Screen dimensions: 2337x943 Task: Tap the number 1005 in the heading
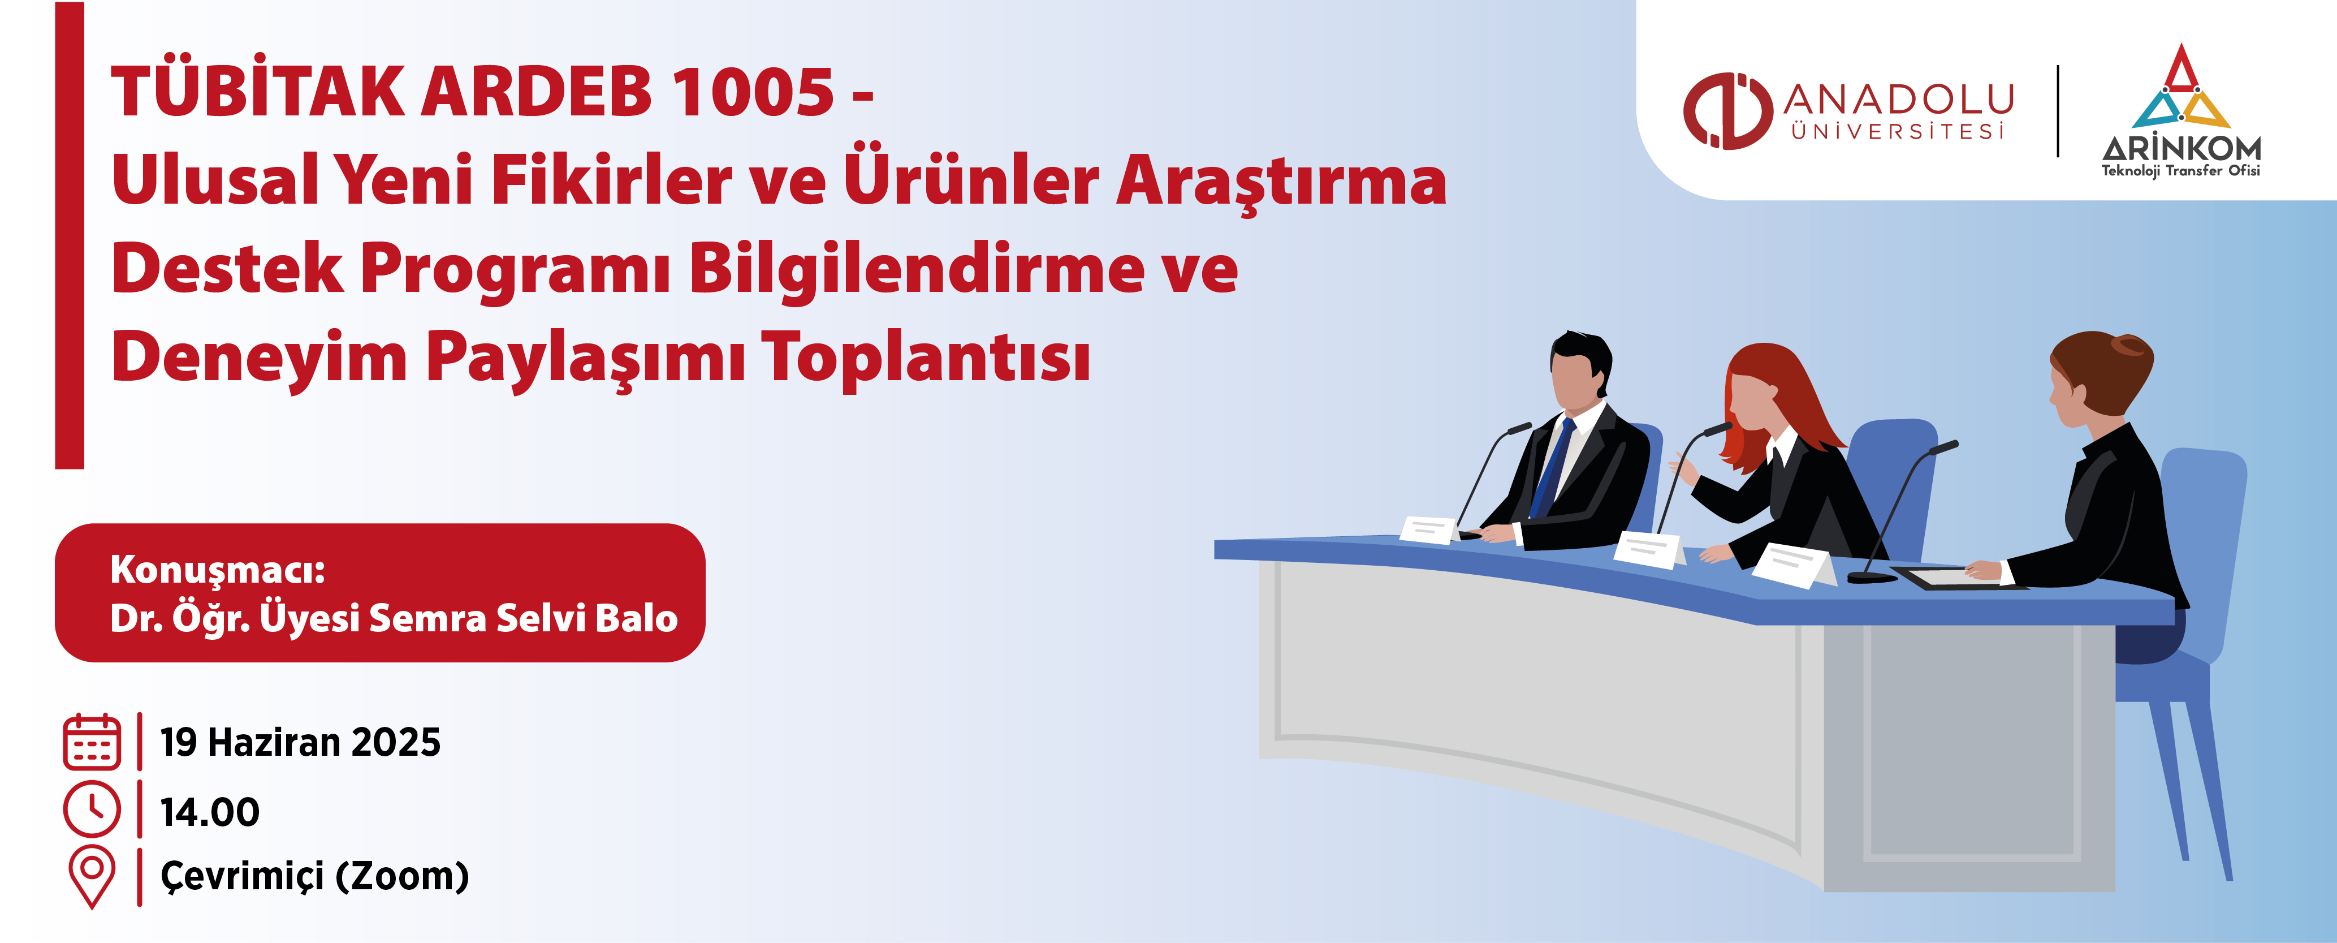point(753,92)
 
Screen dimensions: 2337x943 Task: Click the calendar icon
point(92,742)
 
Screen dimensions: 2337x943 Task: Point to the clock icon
point(92,809)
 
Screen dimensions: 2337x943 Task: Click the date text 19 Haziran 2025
point(300,742)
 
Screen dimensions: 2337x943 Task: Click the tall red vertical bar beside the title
point(70,235)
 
